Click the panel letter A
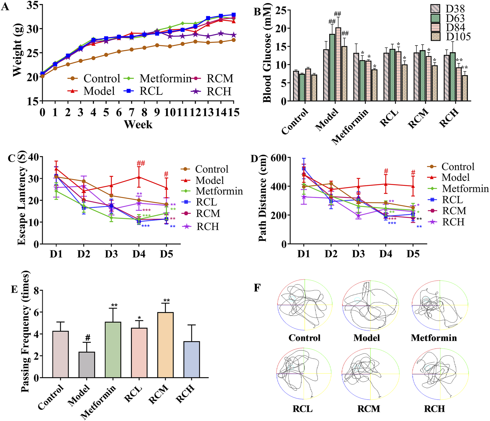coord(5,7)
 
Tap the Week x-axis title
coord(138,124)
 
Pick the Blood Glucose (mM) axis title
coord(267,53)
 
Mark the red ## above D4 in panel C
coord(141,163)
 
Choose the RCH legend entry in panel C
coord(207,227)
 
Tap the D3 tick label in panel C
coord(111,254)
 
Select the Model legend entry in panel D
coord(456,178)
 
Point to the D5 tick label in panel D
coord(413,254)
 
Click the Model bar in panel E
coord(87,365)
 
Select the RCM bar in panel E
coord(165,345)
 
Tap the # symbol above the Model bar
coord(88,338)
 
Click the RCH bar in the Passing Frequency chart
coord(192,359)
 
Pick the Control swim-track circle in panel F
coord(305,305)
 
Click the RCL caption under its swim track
coord(303,409)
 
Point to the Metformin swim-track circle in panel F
coord(440,305)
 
